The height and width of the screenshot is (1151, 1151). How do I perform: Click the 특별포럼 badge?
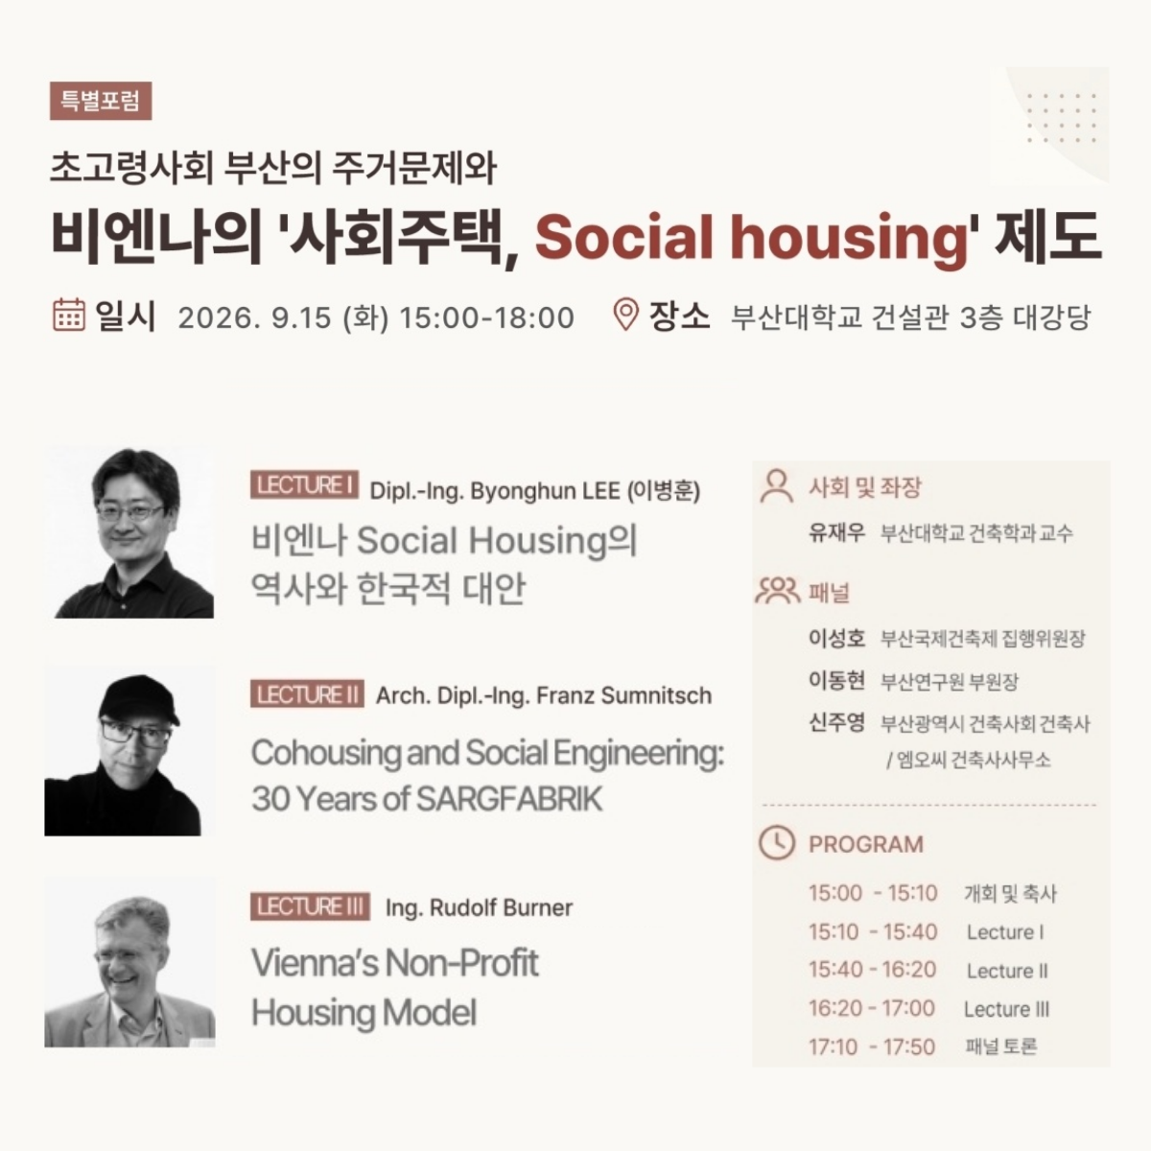tap(101, 101)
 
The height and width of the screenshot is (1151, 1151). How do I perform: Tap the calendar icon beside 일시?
tap(69, 315)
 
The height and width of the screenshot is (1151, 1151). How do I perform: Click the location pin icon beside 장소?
tap(625, 314)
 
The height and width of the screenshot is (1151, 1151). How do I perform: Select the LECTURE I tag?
tap(304, 484)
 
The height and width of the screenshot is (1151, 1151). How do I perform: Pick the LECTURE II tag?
tap(307, 694)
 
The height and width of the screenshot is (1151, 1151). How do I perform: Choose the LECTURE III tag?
tap(310, 906)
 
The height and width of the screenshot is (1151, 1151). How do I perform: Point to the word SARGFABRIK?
tap(509, 799)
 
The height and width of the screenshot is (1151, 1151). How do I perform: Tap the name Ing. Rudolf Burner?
tap(479, 907)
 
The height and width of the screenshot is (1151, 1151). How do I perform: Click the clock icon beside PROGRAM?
tap(777, 843)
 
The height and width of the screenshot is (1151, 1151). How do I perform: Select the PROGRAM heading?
tap(866, 844)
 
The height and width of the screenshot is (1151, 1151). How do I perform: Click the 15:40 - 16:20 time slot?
tap(872, 970)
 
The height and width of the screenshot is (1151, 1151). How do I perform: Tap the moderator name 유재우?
tap(836, 531)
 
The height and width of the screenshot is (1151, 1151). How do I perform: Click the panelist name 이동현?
tap(836, 680)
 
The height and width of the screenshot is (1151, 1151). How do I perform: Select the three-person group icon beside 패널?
tap(778, 590)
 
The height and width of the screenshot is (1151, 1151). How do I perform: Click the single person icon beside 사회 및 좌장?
tap(777, 486)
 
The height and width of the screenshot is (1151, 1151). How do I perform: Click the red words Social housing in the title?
tap(751, 237)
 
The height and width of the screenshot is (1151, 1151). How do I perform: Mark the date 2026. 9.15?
tap(254, 317)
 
